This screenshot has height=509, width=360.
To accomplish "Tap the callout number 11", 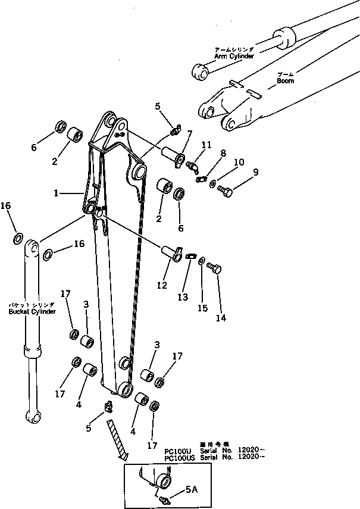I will [x=206, y=144].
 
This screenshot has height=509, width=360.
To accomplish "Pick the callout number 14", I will [x=220, y=318].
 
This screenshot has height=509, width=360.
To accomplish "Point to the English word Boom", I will [x=286, y=80].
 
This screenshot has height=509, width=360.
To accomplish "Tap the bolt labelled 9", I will [x=226, y=191].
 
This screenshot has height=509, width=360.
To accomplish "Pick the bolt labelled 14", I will [x=215, y=271].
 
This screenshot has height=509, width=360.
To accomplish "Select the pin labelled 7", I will [x=174, y=149].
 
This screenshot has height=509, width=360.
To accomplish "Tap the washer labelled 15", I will [x=202, y=260].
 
